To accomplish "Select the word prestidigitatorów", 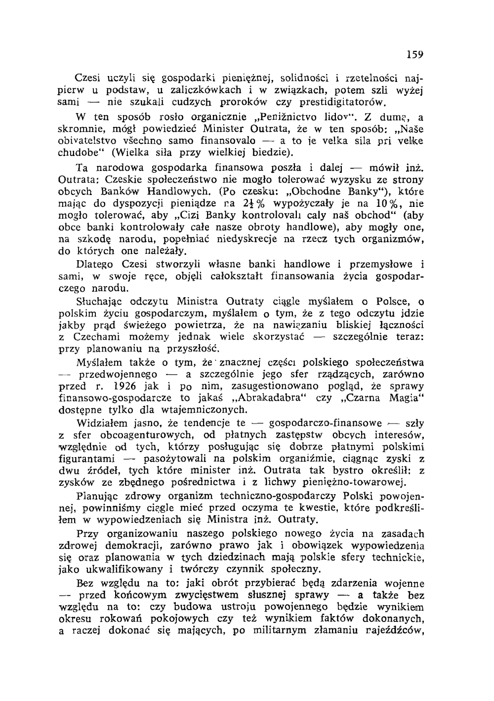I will [x=341, y=102].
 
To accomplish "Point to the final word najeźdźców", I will [x=392, y=630].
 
